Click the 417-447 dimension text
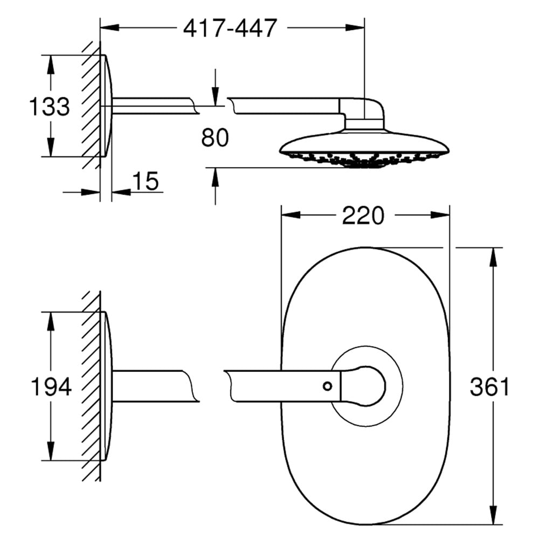pos(230,28)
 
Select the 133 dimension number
pos(50,106)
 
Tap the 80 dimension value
pos(215,137)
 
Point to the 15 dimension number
pos(146,181)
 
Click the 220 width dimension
pos(363,216)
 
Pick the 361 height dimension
pos(489,386)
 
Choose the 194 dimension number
pos(51,386)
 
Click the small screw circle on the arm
pos(328,386)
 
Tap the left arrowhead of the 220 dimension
pos(291,216)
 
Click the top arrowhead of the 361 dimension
pos(493,257)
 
